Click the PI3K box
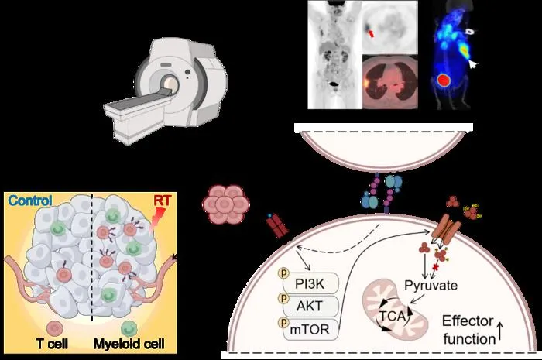point(310,283)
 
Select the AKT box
point(310,306)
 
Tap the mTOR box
point(310,329)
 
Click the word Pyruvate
point(431,286)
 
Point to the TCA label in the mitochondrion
point(393,316)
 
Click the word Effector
point(468,321)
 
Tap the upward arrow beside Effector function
point(500,332)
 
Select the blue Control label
point(30,201)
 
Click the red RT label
point(163,201)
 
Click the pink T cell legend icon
point(53,328)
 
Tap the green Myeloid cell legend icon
point(129,329)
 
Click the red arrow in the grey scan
point(370,33)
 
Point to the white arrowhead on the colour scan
point(472,64)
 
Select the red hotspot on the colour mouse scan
point(444,81)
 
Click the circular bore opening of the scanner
point(170,84)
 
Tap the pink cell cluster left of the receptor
point(226,204)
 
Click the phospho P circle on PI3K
point(284,273)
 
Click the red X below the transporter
point(435,267)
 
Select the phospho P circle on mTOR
point(284,322)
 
